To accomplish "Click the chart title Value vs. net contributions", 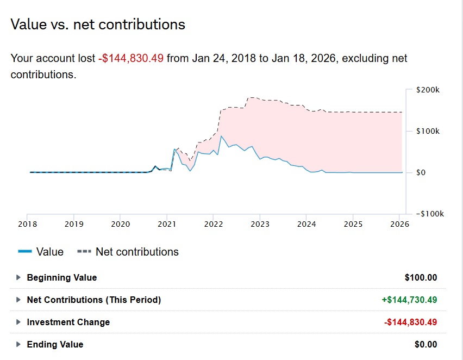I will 98,24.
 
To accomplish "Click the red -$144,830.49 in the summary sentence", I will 131,58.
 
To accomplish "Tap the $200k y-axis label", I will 428,90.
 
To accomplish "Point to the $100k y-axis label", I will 428,131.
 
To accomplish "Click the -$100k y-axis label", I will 430,214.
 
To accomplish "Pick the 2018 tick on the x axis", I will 28,224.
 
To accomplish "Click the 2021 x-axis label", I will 167,224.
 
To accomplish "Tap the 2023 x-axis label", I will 260,224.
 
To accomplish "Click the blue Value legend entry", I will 41,252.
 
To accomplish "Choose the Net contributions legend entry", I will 128,252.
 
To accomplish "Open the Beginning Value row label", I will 62,277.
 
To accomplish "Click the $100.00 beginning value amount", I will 421,277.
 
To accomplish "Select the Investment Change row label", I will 68,322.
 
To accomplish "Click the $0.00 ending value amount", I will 426,344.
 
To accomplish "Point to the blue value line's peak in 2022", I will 221,136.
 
